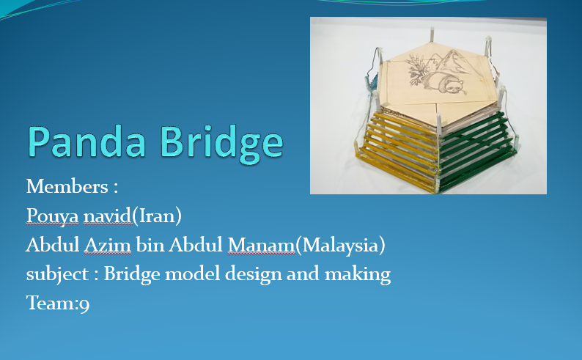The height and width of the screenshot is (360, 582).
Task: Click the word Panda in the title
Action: (x=86, y=141)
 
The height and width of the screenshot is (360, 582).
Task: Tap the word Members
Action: (x=67, y=186)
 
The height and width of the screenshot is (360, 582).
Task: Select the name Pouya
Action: (x=52, y=216)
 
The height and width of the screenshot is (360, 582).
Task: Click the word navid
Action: (x=107, y=216)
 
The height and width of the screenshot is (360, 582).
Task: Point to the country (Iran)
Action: (x=157, y=216)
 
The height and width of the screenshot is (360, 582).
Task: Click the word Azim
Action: (x=108, y=245)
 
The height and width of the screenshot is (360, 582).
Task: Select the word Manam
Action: (x=261, y=245)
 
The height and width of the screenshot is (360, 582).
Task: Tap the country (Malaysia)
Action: (x=340, y=246)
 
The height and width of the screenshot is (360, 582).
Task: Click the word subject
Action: (x=57, y=275)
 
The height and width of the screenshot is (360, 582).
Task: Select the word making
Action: (x=358, y=275)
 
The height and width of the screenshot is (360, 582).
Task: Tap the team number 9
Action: (x=84, y=304)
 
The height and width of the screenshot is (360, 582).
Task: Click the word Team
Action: (x=51, y=303)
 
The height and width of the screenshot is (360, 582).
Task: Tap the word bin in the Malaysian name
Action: (x=150, y=245)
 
